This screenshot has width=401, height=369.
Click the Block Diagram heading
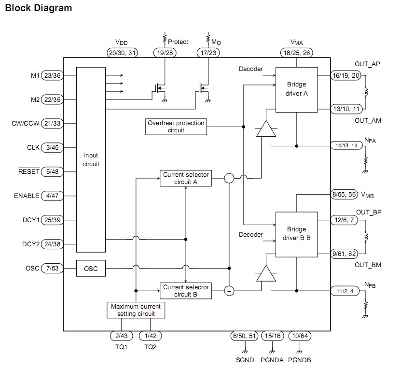coord(38,8)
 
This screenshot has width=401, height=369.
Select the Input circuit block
coord(91,159)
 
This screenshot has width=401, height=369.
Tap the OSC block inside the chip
coord(91,269)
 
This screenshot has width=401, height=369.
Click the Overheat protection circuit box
coord(176,127)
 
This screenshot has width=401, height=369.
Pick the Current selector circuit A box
coord(186,178)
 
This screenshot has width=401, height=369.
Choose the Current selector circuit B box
coord(186,291)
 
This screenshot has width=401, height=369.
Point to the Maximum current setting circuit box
coord(136,310)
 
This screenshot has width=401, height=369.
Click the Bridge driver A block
coord(296,89)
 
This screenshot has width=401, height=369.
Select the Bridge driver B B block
coord(296,234)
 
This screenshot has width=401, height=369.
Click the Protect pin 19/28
coord(165,52)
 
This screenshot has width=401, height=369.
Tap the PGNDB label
coord(299,359)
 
